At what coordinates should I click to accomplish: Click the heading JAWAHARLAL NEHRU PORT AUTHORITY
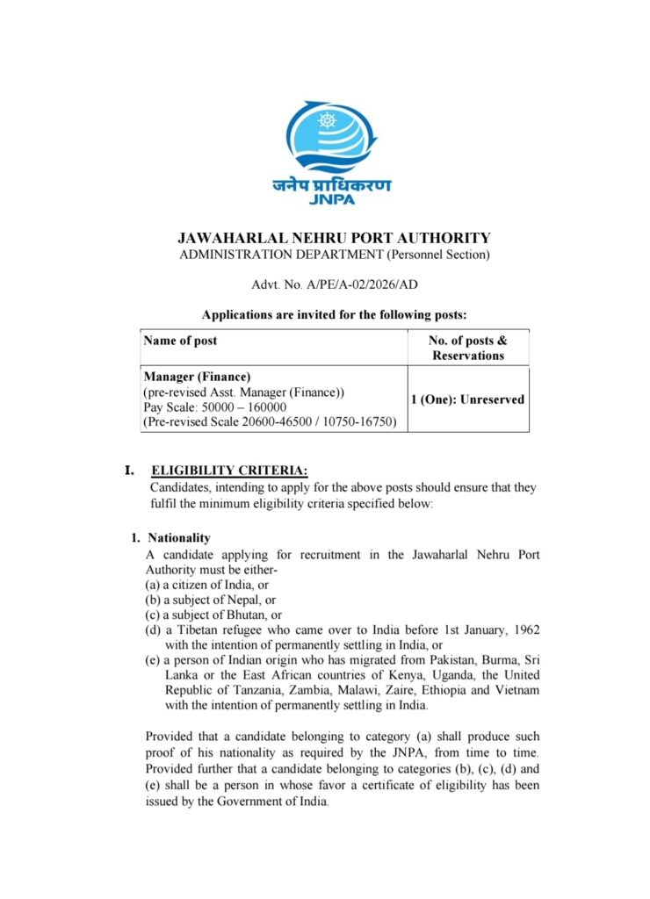click(334, 238)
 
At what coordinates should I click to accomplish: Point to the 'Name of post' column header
click(180, 341)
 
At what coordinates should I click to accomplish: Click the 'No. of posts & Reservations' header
click(467, 348)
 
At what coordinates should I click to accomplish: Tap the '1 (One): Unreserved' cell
click(467, 399)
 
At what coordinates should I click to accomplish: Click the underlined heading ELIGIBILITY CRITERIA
click(229, 471)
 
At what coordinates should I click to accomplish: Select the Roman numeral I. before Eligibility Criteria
click(129, 471)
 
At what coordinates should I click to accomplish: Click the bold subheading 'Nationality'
click(179, 537)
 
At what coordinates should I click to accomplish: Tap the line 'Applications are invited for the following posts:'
click(335, 314)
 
